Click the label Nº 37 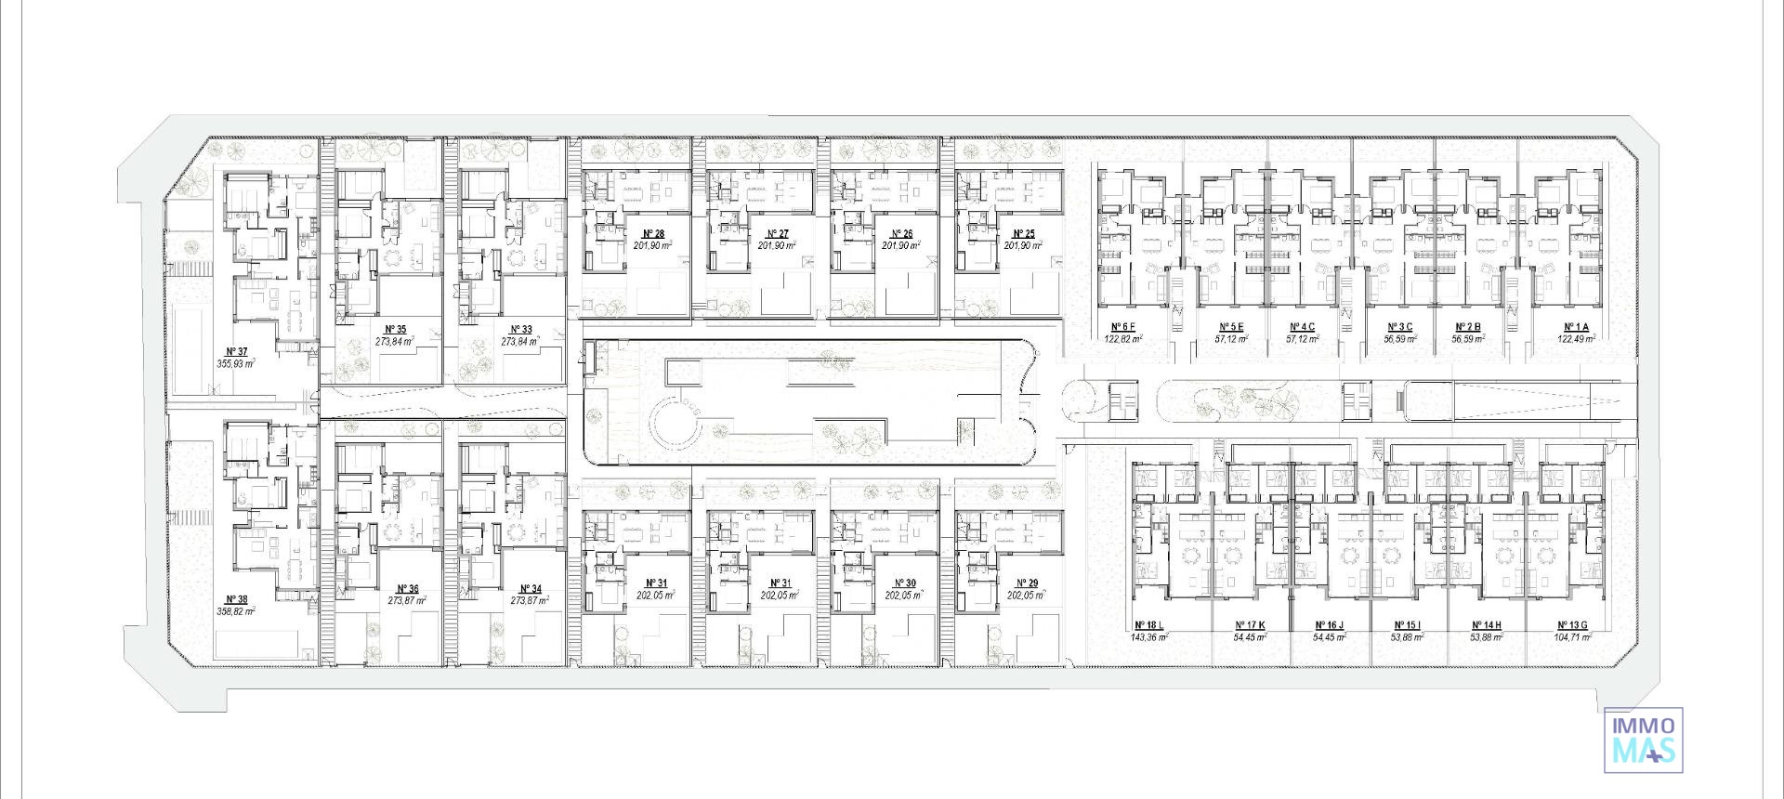[236, 351]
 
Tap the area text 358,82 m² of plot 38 [236, 611]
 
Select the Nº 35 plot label [394, 329]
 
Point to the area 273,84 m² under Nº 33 [520, 341]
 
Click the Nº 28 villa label [653, 234]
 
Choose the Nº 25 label [1024, 234]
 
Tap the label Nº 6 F [1123, 327]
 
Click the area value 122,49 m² [1577, 339]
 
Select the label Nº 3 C [1399, 327]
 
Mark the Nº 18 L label [1148, 625]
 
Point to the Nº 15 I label [1408, 625]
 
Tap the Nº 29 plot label [1027, 583]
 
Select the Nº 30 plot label [904, 583]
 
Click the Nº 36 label [407, 589]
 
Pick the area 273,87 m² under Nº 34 [530, 601]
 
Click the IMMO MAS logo [1644, 740]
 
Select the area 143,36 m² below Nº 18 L [1149, 637]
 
